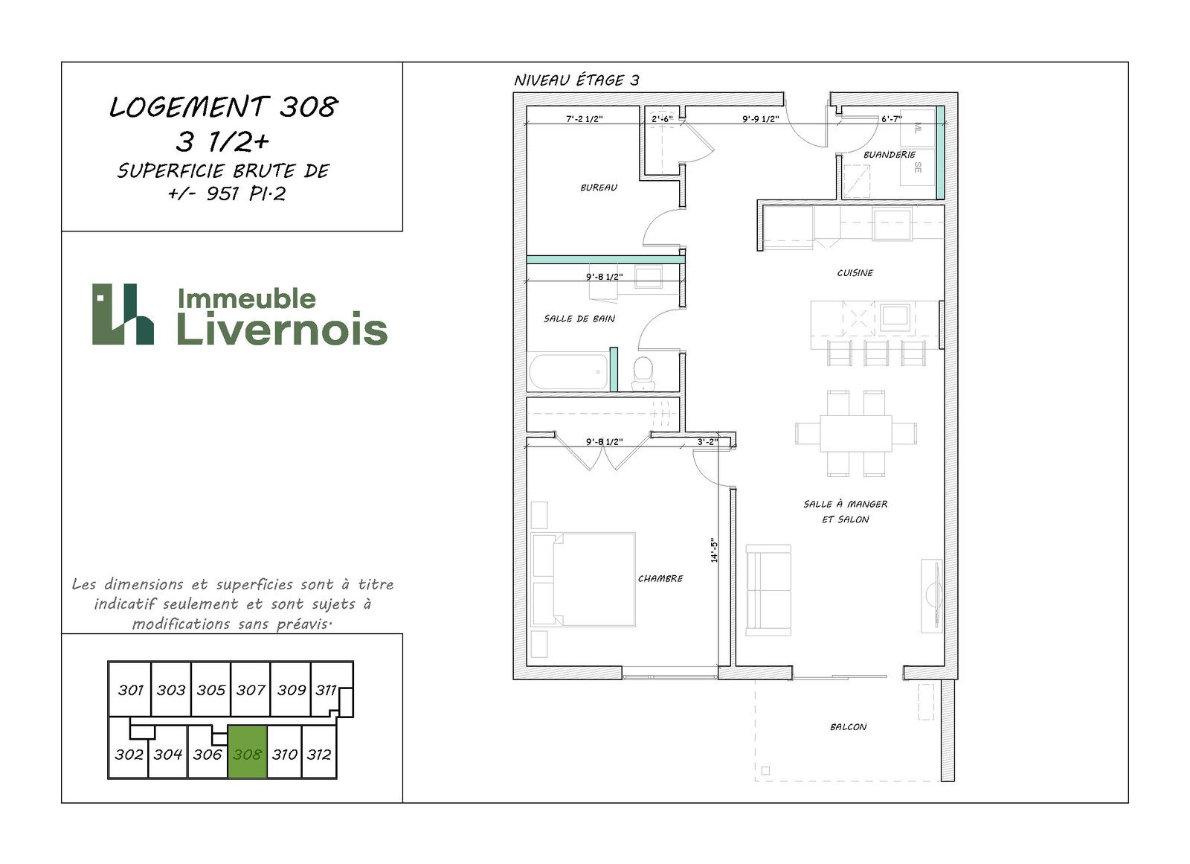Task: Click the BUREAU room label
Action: [x=599, y=188]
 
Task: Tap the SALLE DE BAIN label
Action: [x=579, y=319]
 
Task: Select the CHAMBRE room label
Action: [x=660, y=578]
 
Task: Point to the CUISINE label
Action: [x=855, y=273]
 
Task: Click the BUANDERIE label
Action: [x=890, y=155]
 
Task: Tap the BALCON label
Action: [x=848, y=727]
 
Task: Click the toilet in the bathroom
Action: [x=643, y=374]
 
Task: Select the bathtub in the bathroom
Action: [x=568, y=372]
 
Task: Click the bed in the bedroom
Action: [x=583, y=579]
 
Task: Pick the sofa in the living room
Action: [x=768, y=590]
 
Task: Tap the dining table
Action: [x=856, y=433]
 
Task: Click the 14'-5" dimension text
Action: [x=714, y=550]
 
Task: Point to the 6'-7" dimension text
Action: [x=892, y=119]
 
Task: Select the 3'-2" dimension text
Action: [x=707, y=442]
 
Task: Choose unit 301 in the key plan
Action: [x=131, y=690]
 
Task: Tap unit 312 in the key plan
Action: [x=319, y=754]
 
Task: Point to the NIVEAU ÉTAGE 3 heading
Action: [x=576, y=80]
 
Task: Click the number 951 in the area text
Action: [x=223, y=193]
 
